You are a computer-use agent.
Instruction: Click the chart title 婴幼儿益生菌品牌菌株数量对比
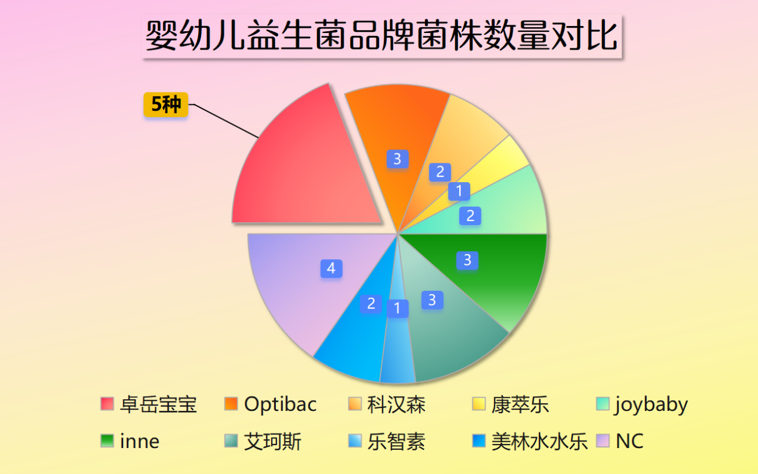coord(382,35)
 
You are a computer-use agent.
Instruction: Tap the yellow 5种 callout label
coord(166,104)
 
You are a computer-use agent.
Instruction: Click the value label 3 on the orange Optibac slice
coord(398,159)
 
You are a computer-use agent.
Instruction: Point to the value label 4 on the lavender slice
coord(331,268)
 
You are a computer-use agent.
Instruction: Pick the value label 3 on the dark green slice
coord(467,260)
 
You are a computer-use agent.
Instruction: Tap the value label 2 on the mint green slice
coord(470,216)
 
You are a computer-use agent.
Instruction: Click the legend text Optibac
coord(280,404)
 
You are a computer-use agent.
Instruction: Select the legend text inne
coord(140,442)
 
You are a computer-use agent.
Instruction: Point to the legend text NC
coord(630,441)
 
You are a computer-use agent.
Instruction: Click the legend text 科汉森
coord(396,404)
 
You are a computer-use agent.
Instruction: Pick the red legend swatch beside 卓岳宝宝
coord(107,404)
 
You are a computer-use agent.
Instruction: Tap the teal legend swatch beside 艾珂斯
coord(231,441)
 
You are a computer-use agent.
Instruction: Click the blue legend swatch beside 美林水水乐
coord(479,441)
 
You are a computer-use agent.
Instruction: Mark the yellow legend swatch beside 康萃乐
coord(479,404)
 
